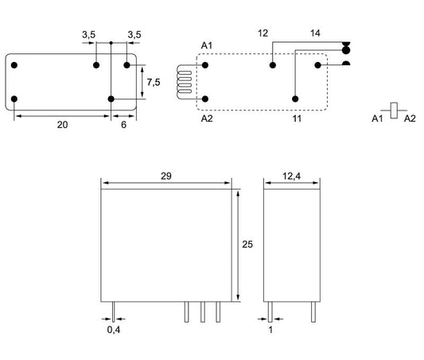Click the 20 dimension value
63,125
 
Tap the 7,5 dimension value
154,82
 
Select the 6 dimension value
123,125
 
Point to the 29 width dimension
166,176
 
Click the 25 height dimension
247,245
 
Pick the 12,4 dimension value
291,176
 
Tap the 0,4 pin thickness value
114,330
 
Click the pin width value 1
270,330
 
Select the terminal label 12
263,33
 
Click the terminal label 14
315,33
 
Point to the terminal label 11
297,118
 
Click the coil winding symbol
184,82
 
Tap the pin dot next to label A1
205,65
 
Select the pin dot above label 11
295,99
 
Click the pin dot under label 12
273,65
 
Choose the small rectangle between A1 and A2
394,110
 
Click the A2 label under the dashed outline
207,118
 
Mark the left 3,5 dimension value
88,35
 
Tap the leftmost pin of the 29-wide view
114,312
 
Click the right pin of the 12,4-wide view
313,312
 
